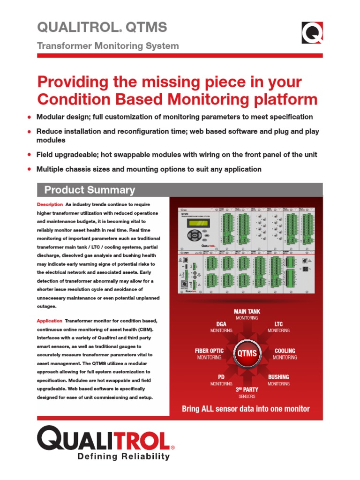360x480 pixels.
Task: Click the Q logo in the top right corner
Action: pyautogui.click(x=311, y=33)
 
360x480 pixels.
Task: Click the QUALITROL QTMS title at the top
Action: pyautogui.click(x=102, y=28)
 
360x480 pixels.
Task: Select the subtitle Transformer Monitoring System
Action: pyautogui.click(x=108, y=46)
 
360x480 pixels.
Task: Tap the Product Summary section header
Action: pyautogui.click(x=89, y=190)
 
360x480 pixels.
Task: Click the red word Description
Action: pyautogui.click(x=50, y=205)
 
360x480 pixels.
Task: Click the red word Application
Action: pyautogui.click(x=50, y=321)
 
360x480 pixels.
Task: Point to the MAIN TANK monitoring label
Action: pyautogui.click(x=247, y=315)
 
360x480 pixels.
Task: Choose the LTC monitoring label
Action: pyautogui.click(x=278, y=327)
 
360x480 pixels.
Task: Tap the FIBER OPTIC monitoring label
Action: pyautogui.click(x=209, y=354)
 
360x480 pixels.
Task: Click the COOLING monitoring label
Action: pyautogui.click(x=285, y=354)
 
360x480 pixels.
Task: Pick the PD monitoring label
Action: pyautogui.click(x=221, y=380)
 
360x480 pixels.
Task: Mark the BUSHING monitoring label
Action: pyautogui.click(x=278, y=380)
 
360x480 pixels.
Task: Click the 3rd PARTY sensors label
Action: pyautogui.click(x=247, y=392)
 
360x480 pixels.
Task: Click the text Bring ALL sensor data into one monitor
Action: pyautogui.click(x=246, y=409)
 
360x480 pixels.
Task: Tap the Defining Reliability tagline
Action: pyautogui.click(x=123, y=457)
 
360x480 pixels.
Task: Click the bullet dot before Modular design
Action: pyautogui.click(x=30, y=117)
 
